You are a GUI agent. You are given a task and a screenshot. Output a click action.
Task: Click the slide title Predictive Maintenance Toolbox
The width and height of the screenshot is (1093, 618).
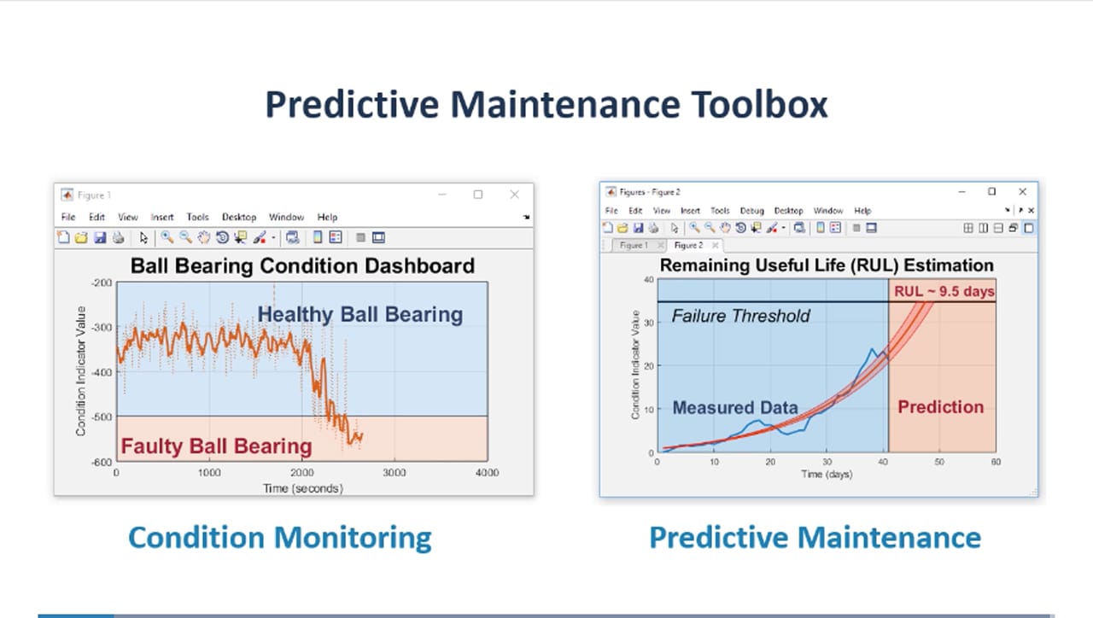pos(546,105)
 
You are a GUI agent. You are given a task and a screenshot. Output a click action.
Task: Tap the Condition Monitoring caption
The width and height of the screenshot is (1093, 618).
pos(279,538)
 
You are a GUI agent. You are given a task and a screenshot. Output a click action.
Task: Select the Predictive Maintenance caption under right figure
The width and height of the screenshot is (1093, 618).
pos(815,538)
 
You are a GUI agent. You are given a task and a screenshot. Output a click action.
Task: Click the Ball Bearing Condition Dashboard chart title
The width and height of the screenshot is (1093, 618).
pos(302,265)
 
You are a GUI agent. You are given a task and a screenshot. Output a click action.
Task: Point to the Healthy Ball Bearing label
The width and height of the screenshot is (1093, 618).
pos(359,314)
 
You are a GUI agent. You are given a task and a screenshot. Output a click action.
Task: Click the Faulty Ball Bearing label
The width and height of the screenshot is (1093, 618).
pos(216,446)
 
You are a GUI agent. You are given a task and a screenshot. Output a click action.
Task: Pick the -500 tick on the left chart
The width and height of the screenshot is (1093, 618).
pos(102,417)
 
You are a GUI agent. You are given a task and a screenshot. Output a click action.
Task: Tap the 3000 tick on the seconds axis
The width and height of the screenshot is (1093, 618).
pos(394,473)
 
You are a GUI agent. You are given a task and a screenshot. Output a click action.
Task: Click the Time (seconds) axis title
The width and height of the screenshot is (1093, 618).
pos(302,488)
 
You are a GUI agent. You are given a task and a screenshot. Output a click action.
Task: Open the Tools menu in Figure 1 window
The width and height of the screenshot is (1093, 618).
pos(197,218)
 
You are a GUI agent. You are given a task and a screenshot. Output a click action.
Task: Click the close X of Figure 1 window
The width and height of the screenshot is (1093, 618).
pos(514,195)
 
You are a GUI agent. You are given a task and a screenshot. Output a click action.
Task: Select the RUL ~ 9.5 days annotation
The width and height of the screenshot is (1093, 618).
pos(944,292)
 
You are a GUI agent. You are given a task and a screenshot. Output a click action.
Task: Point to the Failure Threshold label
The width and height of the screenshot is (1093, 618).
pos(740,316)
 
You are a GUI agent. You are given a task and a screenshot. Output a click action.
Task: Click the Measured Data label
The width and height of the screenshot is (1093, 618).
pos(735,408)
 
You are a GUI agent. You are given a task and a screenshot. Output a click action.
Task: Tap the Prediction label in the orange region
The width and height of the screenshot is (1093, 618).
pos(940,407)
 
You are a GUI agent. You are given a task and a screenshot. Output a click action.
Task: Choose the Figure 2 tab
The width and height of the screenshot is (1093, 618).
pos(688,246)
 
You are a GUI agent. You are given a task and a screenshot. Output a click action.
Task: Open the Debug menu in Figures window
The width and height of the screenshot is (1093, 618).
pos(751,211)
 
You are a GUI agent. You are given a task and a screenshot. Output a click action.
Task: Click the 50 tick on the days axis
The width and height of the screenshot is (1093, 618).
pos(939,462)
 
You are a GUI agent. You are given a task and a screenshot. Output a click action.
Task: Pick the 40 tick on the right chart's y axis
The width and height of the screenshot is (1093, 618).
pos(648,279)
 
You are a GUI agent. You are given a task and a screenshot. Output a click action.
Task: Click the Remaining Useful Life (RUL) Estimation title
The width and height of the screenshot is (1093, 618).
pos(827,265)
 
